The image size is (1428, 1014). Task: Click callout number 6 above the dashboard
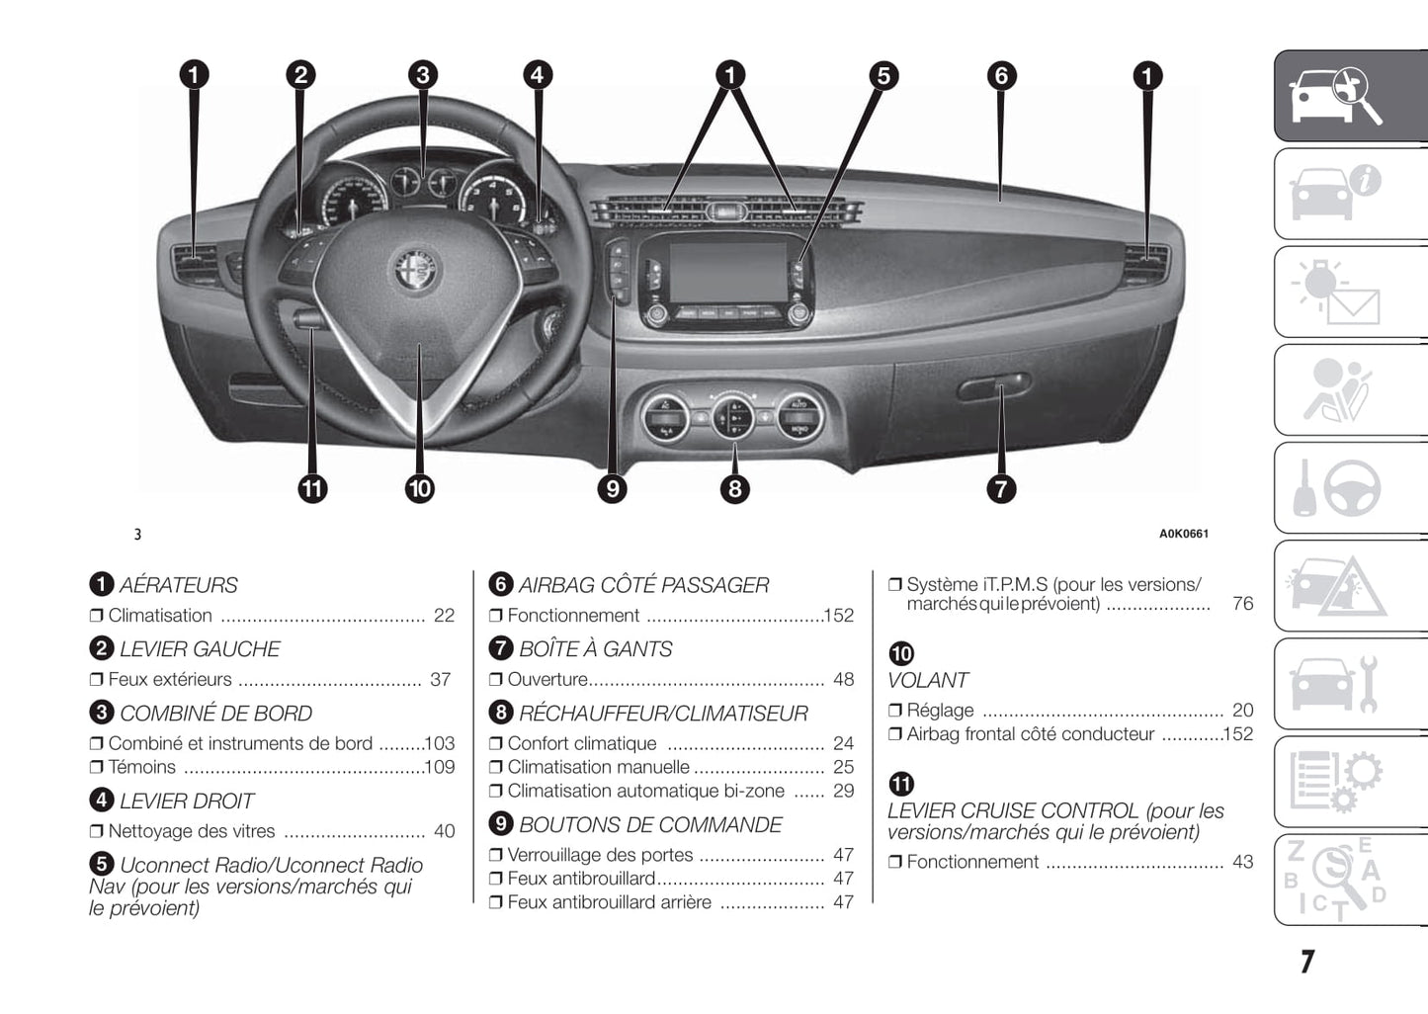(1001, 75)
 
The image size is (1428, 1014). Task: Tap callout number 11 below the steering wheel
(312, 488)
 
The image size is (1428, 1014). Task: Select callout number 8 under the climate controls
(734, 488)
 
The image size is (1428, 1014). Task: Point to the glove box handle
(993, 386)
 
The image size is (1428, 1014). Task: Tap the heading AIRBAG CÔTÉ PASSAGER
(643, 585)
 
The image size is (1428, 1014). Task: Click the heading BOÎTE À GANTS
(595, 649)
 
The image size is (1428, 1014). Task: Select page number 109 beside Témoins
(439, 767)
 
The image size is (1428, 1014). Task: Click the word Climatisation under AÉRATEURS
(160, 616)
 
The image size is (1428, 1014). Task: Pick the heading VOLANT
(927, 680)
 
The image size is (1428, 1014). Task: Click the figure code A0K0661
(1183, 534)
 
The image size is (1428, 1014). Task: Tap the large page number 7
(1306, 962)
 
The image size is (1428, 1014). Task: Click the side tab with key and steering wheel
(1350, 488)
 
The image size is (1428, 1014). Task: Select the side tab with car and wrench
(1350, 684)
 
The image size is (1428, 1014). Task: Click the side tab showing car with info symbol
(1350, 194)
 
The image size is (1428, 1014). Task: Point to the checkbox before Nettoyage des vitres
(96, 832)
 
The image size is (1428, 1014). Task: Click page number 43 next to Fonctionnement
(1242, 862)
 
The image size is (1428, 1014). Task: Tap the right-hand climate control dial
(798, 416)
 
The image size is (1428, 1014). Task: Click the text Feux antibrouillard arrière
(609, 902)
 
